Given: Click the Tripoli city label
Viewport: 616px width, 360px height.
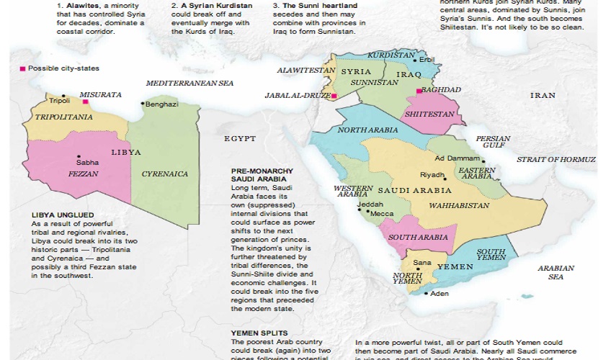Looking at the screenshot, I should point(60,102).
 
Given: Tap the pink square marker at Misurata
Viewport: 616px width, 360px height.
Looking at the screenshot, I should point(85,102).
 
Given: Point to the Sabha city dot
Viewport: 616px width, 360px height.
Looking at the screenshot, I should point(79,156).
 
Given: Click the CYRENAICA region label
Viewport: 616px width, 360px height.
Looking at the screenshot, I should point(165,174).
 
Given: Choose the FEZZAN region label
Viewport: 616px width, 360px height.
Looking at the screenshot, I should point(83,174).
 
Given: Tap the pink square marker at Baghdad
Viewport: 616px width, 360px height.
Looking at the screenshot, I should point(419,91).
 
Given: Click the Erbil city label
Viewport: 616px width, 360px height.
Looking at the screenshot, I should point(429,60).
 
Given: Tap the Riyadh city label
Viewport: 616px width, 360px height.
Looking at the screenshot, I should point(432,175).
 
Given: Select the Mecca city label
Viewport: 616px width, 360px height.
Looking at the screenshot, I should point(381,213).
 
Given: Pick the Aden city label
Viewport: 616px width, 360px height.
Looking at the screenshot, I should point(439,294).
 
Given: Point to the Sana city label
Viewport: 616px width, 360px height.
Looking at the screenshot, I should point(422,262).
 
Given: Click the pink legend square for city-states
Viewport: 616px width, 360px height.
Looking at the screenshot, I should point(22,68).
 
